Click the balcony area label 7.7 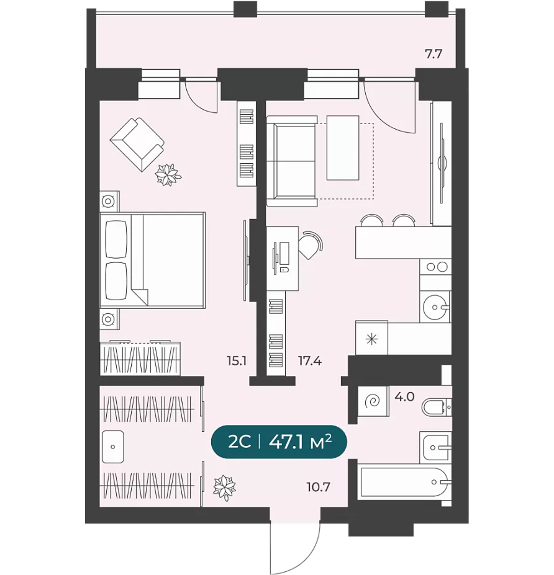click(434, 54)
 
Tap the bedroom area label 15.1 click(237, 361)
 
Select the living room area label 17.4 click(310, 361)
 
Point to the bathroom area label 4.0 click(404, 396)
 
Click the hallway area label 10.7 click(319, 487)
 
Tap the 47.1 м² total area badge click(279, 442)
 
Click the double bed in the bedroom click(152, 260)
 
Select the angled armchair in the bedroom click(137, 144)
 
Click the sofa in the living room click(292, 161)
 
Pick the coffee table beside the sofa click(343, 148)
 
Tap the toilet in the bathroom click(437, 407)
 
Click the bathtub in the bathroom click(404, 482)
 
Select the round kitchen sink click(435, 307)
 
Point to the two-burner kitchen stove click(436, 267)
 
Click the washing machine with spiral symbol click(373, 401)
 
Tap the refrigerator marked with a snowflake click(371, 339)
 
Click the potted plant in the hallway click(224, 488)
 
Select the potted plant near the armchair click(168, 174)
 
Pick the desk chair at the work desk click(310, 245)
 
